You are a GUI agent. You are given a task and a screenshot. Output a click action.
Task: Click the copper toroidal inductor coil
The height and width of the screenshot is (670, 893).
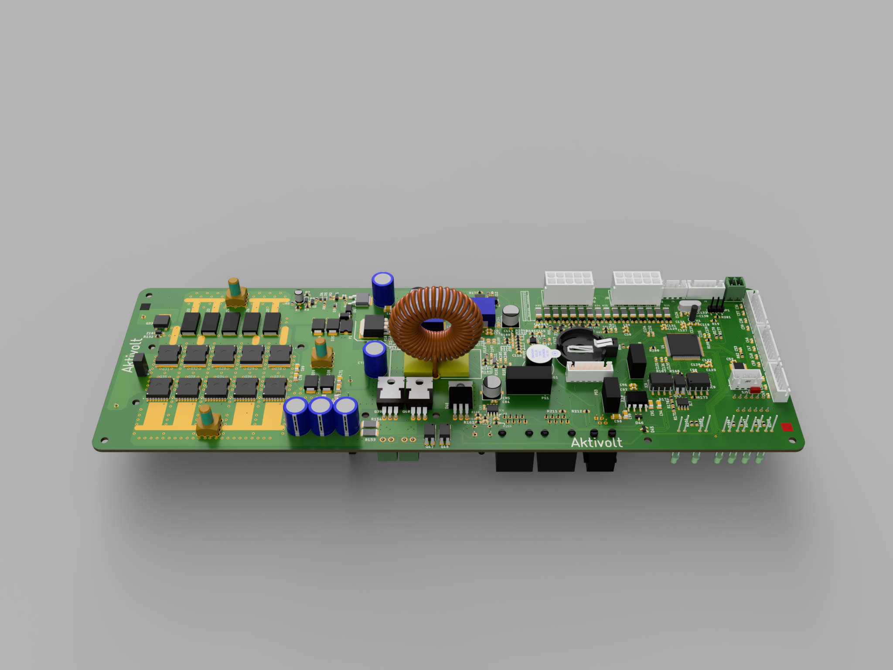pyautogui.click(x=436, y=323)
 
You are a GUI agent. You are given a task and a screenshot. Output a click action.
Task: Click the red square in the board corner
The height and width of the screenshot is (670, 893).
pyautogui.click(x=787, y=427)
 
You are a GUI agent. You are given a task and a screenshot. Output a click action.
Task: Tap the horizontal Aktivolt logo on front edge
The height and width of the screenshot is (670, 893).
pyautogui.click(x=596, y=443)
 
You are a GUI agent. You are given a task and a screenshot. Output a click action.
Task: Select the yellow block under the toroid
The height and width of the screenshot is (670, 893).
pyautogui.click(x=436, y=366)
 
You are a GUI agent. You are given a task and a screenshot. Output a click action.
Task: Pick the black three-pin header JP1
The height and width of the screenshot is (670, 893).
pyautogui.click(x=715, y=305)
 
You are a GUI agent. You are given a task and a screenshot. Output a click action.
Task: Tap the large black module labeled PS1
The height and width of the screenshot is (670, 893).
pyautogui.click(x=528, y=379)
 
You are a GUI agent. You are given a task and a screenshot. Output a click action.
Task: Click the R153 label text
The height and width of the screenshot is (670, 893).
pyautogui.click(x=370, y=440)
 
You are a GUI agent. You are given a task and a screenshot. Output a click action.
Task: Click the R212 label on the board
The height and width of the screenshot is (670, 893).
pyautogui.click(x=576, y=411)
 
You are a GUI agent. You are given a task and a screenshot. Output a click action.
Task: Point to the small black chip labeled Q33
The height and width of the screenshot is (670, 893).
pyautogui.click(x=162, y=322)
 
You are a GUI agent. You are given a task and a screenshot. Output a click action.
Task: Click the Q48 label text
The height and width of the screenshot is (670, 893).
pyautogui.click(x=444, y=447)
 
